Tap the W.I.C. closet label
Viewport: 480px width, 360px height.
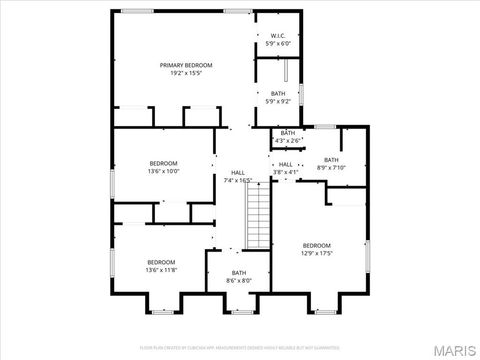point(278,36)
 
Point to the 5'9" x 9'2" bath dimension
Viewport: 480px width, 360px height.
point(278,101)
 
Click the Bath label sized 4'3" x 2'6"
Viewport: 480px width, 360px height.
point(288,133)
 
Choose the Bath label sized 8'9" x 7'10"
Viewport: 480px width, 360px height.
point(331,160)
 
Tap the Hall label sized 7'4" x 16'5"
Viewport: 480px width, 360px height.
point(238,172)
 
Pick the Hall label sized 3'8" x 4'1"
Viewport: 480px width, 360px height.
point(286,164)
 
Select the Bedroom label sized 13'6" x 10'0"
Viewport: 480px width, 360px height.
point(164,163)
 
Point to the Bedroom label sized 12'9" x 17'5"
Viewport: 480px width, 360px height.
point(317,245)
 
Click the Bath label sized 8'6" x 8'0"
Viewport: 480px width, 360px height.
point(239,273)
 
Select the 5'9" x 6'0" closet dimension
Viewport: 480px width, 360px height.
point(278,44)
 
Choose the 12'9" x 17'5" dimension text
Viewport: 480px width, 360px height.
point(317,253)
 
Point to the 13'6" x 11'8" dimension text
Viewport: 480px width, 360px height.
point(161,269)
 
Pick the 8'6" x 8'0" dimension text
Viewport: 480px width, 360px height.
point(239,281)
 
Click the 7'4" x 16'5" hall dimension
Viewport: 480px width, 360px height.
point(238,180)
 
